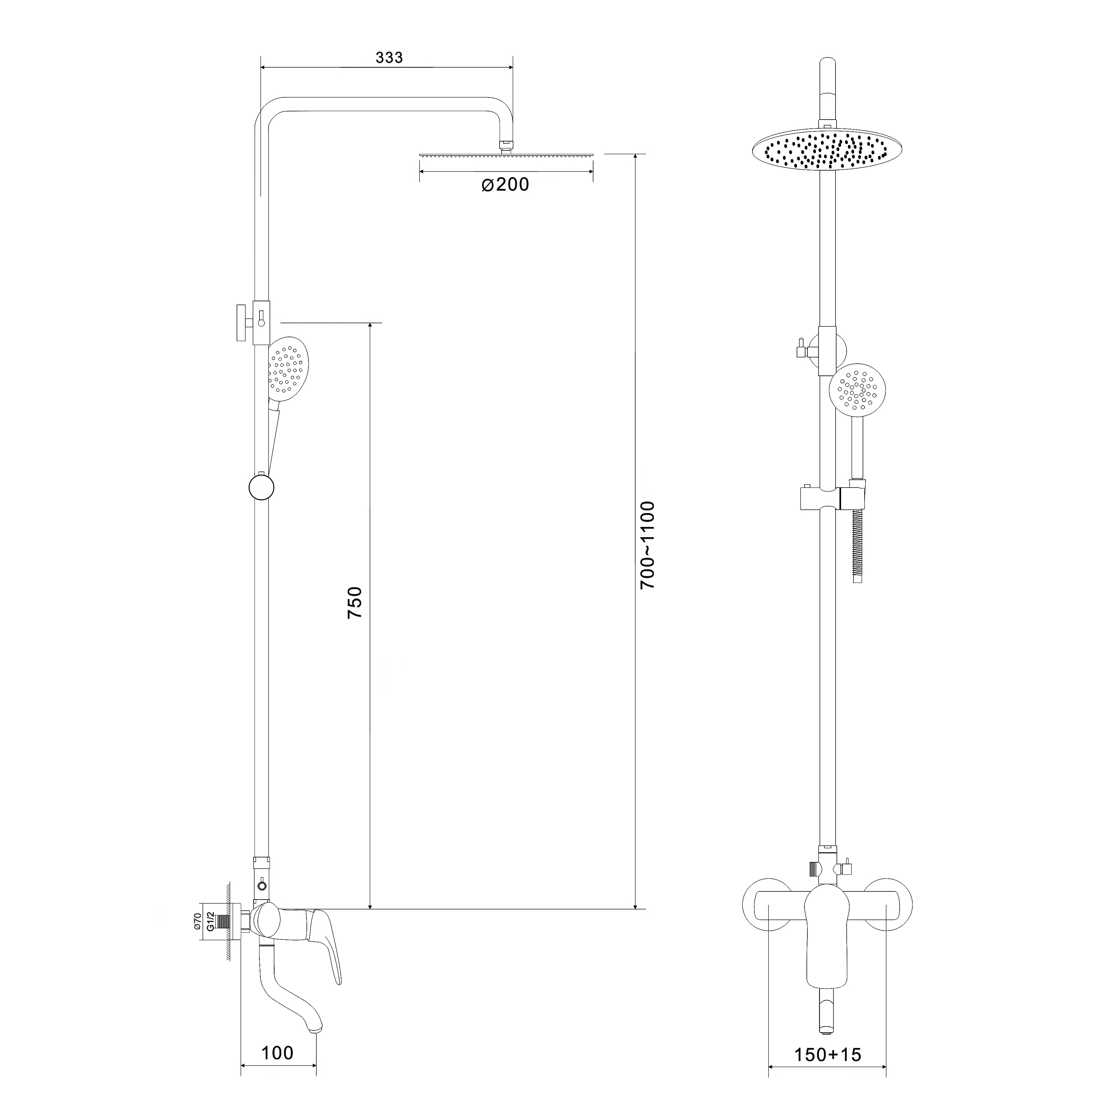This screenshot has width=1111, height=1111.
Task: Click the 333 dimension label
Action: coord(389,58)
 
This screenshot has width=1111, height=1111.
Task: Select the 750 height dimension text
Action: coord(355,602)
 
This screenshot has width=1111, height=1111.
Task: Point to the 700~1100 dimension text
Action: coord(648,545)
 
